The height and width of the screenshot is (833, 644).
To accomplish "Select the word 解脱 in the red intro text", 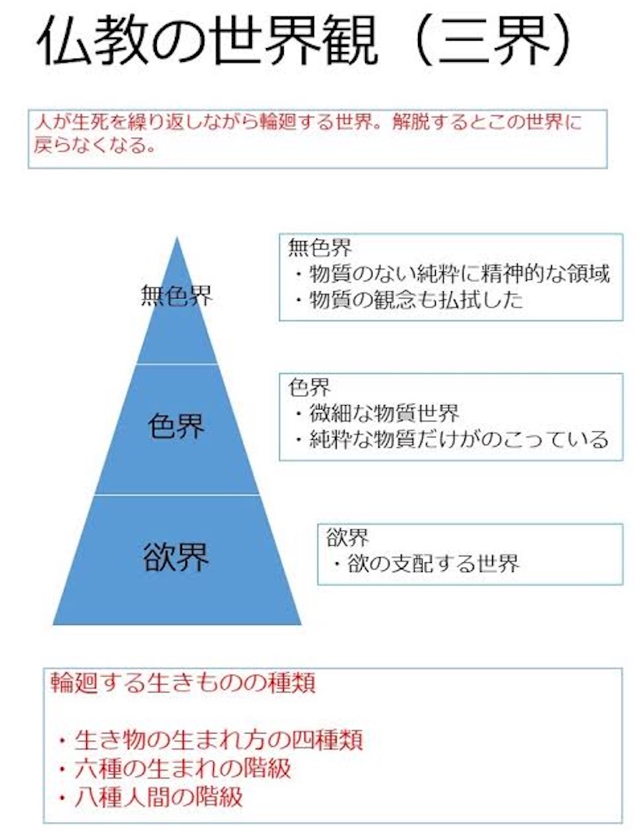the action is coord(411,123).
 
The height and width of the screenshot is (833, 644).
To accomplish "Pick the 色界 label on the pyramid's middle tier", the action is coord(176,425).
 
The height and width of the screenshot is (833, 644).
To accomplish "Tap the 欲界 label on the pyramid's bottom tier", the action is coord(176,556).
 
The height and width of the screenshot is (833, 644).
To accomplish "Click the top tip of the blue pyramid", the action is coord(176,238).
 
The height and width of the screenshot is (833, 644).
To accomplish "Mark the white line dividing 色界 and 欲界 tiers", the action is coord(176,495).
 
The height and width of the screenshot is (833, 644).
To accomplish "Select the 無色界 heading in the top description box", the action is coord(320,247).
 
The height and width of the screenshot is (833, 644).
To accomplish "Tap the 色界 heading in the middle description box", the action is coord(310,387).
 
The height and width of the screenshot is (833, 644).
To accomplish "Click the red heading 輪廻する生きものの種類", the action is coord(183,683).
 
